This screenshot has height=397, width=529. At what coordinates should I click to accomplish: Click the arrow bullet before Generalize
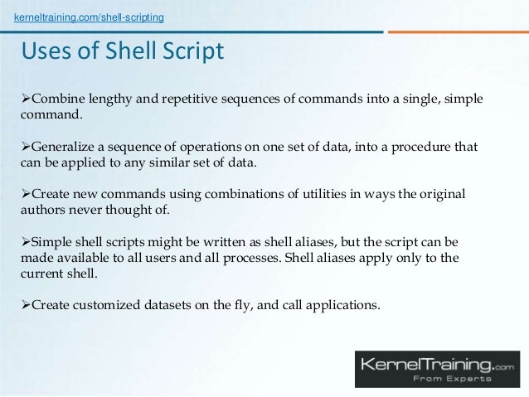pos(25,147)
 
